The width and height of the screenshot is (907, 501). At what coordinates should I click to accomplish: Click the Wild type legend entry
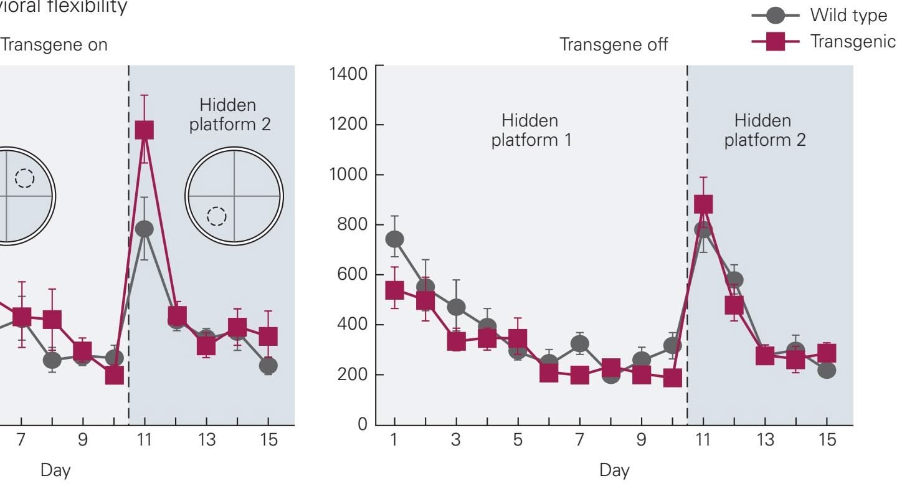click(x=848, y=15)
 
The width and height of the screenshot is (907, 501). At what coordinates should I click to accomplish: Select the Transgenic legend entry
click(x=853, y=41)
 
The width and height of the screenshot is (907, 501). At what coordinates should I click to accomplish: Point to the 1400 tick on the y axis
click(x=351, y=74)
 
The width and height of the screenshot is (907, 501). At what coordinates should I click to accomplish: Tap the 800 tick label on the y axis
click(x=353, y=224)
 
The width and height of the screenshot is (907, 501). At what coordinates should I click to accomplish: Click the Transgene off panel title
click(x=614, y=45)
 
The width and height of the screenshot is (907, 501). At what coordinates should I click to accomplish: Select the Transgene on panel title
click(x=55, y=45)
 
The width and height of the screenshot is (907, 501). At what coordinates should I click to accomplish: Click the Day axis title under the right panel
click(x=614, y=471)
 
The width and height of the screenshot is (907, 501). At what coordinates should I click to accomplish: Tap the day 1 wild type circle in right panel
click(x=394, y=239)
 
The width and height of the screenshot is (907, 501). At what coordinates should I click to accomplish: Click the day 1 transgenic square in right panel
click(x=394, y=290)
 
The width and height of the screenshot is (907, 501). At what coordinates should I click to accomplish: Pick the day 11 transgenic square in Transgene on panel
click(x=145, y=130)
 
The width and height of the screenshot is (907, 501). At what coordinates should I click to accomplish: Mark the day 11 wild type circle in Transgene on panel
click(x=145, y=229)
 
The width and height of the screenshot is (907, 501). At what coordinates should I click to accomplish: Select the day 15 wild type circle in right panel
click(x=827, y=370)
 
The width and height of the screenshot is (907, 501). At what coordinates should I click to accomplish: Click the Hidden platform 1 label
click(x=531, y=130)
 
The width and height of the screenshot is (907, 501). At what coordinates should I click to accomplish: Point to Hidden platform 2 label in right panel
click(x=764, y=130)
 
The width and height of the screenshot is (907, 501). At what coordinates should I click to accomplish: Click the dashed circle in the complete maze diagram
click(x=217, y=216)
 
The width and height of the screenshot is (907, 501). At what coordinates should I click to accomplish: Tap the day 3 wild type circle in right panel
click(x=456, y=307)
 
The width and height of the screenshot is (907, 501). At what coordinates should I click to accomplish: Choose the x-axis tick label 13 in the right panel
click(x=765, y=440)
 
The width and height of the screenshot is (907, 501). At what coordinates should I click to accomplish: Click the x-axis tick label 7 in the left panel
click(x=21, y=440)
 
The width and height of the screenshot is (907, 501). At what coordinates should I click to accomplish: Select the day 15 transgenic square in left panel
click(x=268, y=336)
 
